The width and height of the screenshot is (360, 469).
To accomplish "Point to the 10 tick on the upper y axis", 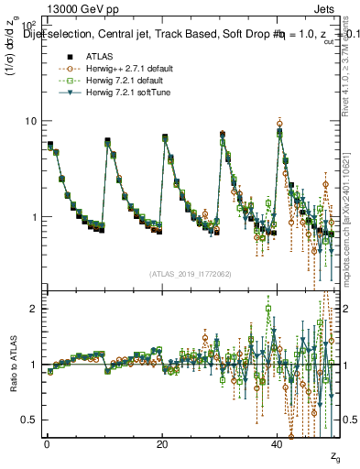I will [x=30, y=121].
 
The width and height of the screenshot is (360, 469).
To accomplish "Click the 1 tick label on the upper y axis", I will [x=34, y=218].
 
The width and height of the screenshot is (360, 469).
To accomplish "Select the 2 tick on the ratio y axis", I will [x=34, y=309].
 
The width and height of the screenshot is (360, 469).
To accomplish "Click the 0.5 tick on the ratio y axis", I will [x=29, y=420].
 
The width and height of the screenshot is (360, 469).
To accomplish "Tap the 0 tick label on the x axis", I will [x=47, y=444].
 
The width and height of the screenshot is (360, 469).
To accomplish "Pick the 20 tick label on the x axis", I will [x=162, y=444].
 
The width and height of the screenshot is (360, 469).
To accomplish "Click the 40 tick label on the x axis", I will [x=278, y=444].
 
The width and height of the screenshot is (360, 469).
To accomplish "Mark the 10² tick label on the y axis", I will [x=29, y=24].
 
